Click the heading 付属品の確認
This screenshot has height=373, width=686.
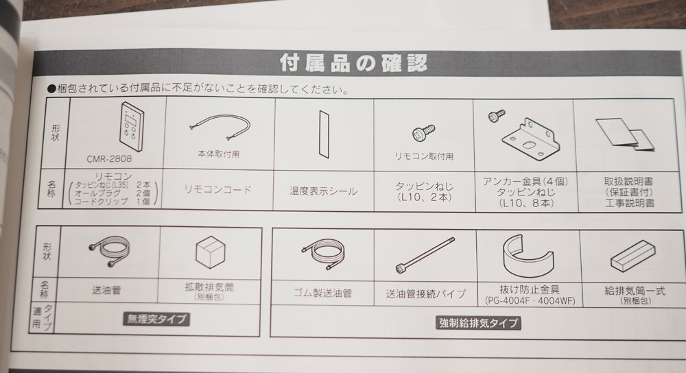click(x=354, y=63)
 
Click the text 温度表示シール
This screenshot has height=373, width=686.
click(x=323, y=191)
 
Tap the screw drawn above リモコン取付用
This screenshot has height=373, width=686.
click(x=421, y=134)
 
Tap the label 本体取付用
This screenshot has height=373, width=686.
click(x=218, y=154)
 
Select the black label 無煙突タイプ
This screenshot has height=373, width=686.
click(x=157, y=319)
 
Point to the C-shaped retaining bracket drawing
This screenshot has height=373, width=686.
click(x=527, y=254)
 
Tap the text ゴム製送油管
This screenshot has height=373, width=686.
click(x=322, y=293)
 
